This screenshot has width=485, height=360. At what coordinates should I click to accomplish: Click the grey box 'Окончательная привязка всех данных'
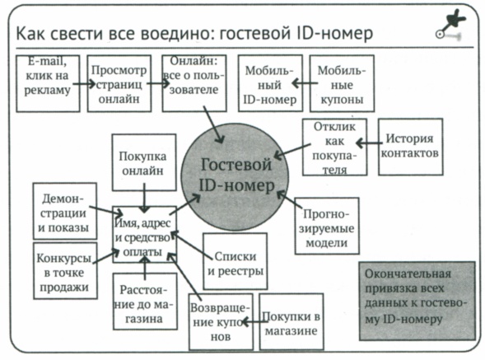pyautogui.click(x=417, y=299)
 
